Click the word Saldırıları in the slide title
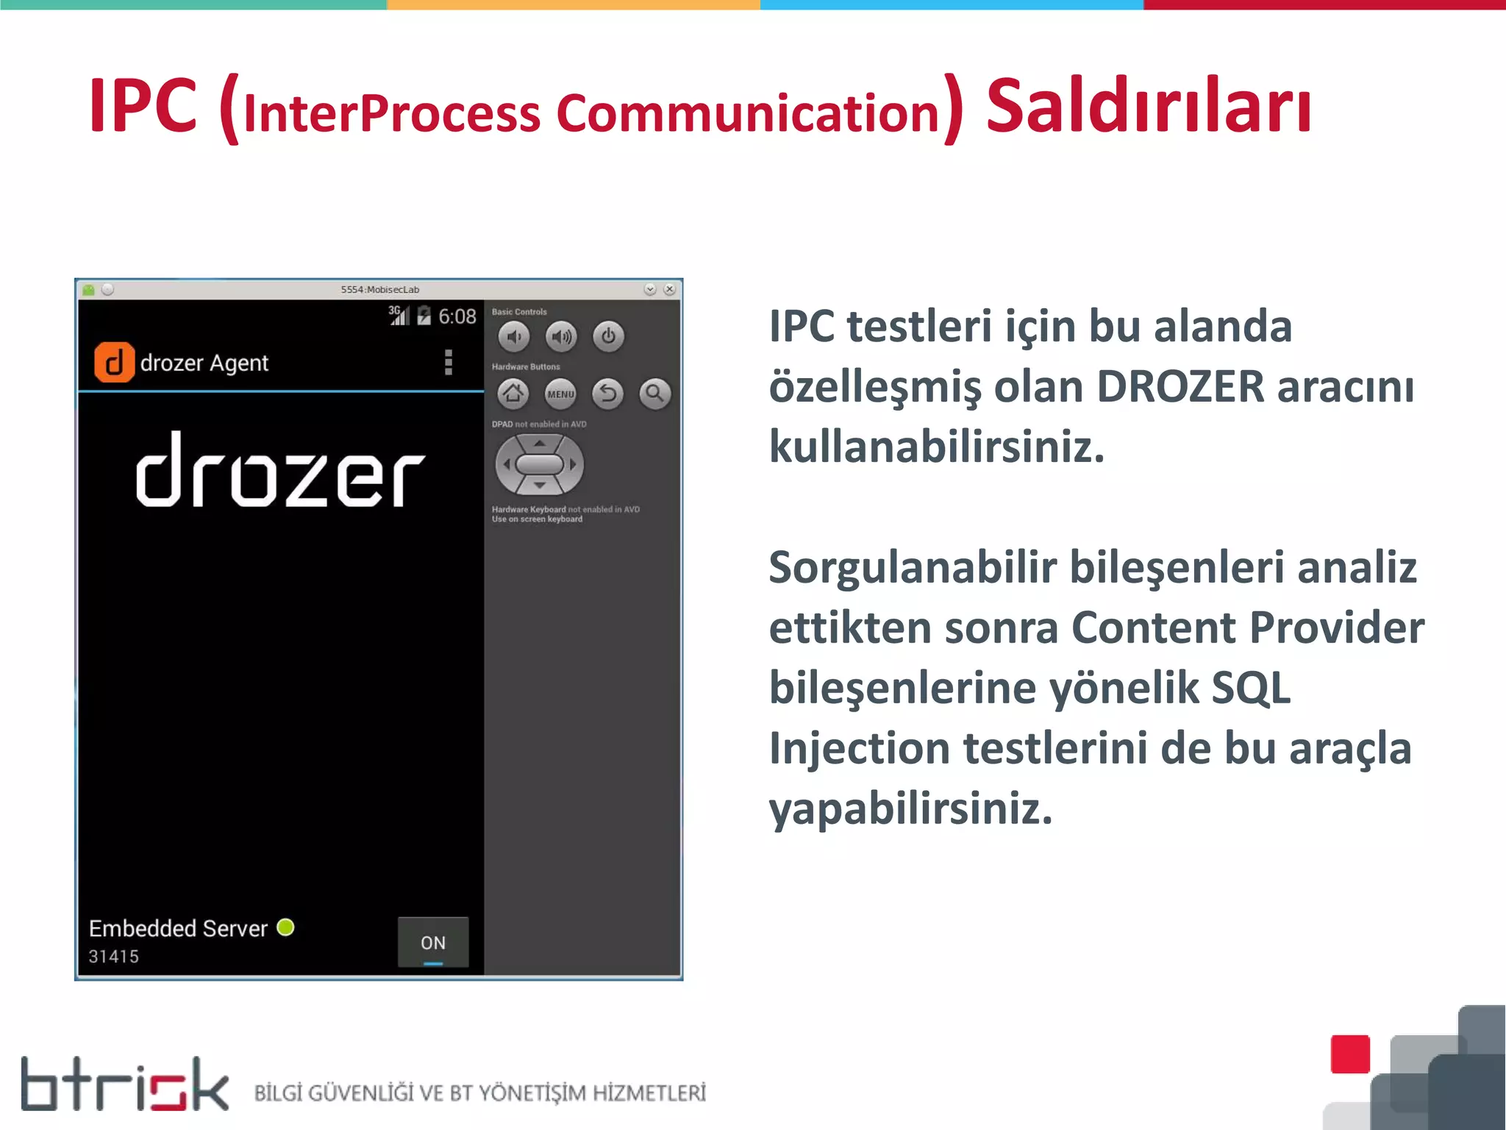[1148, 107]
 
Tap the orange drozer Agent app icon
[114, 363]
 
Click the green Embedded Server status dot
[285, 928]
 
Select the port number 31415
[114, 956]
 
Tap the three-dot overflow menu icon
[448, 363]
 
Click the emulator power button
[608, 337]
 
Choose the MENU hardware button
[560, 394]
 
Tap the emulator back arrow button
[607, 394]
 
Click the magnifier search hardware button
[654, 394]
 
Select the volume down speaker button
[514, 337]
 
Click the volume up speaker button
[561, 337]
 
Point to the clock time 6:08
[457, 317]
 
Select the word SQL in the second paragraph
[1250, 688]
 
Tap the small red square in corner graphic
[1350, 1053]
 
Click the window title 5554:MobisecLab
[379, 290]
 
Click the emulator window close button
[669, 290]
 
